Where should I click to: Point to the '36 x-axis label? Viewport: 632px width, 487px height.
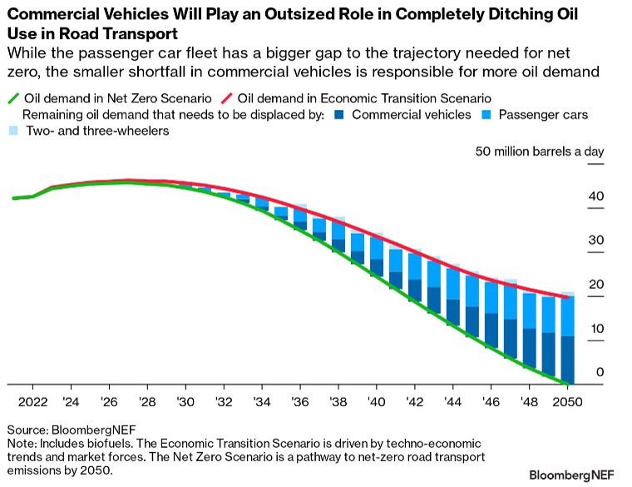299,400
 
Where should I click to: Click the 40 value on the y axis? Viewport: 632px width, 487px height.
597,196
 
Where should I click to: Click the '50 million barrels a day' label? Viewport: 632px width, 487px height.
539,152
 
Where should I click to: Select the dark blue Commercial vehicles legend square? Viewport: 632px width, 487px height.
337,115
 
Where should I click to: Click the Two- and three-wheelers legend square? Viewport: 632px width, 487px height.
12,131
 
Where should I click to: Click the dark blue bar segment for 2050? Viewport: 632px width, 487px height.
567,360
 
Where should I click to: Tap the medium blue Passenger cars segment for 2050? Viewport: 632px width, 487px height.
567,316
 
